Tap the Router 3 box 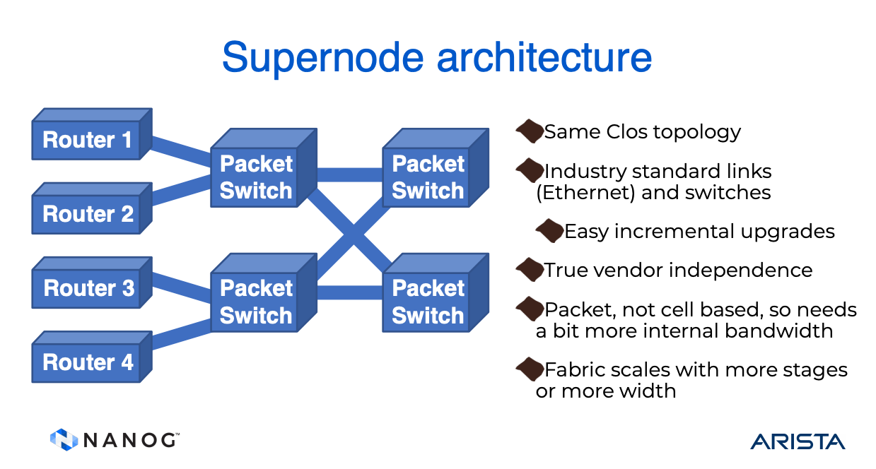(x=88, y=288)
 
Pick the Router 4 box (x=88, y=362)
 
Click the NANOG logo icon (x=64, y=439)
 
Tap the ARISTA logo (x=798, y=441)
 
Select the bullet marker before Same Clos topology (x=529, y=131)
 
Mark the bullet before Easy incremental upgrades (x=549, y=230)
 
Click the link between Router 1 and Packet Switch (x=181, y=150)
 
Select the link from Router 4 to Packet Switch (x=181, y=334)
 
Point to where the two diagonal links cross (x=351, y=231)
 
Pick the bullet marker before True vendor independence (x=529, y=269)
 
